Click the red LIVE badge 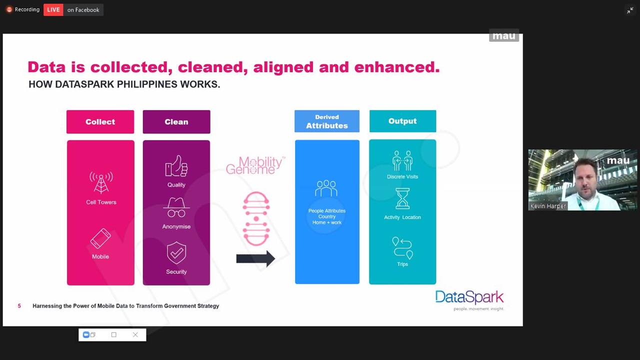click(x=53, y=9)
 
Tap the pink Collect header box click(x=100, y=121)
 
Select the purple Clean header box click(x=176, y=121)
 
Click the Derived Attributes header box click(x=327, y=121)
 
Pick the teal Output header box click(x=402, y=121)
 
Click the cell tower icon click(x=101, y=183)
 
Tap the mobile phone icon click(x=100, y=238)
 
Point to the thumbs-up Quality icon click(x=176, y=165)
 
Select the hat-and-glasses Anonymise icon click(x=176, y=207)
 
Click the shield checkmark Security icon click(x=176, y=253)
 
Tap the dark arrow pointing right click(x=255, y=259)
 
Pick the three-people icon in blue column click(x=326, y=188)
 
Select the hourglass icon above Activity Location click(x=402, y=198)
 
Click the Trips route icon click(x=402, y=248)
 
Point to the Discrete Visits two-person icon click(x=402, y=161)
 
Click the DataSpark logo click(x=469, y=300)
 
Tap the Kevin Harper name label click(x=548, y=206)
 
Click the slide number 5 click(x=19, y=306)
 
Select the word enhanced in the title click(x=397, y=67)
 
